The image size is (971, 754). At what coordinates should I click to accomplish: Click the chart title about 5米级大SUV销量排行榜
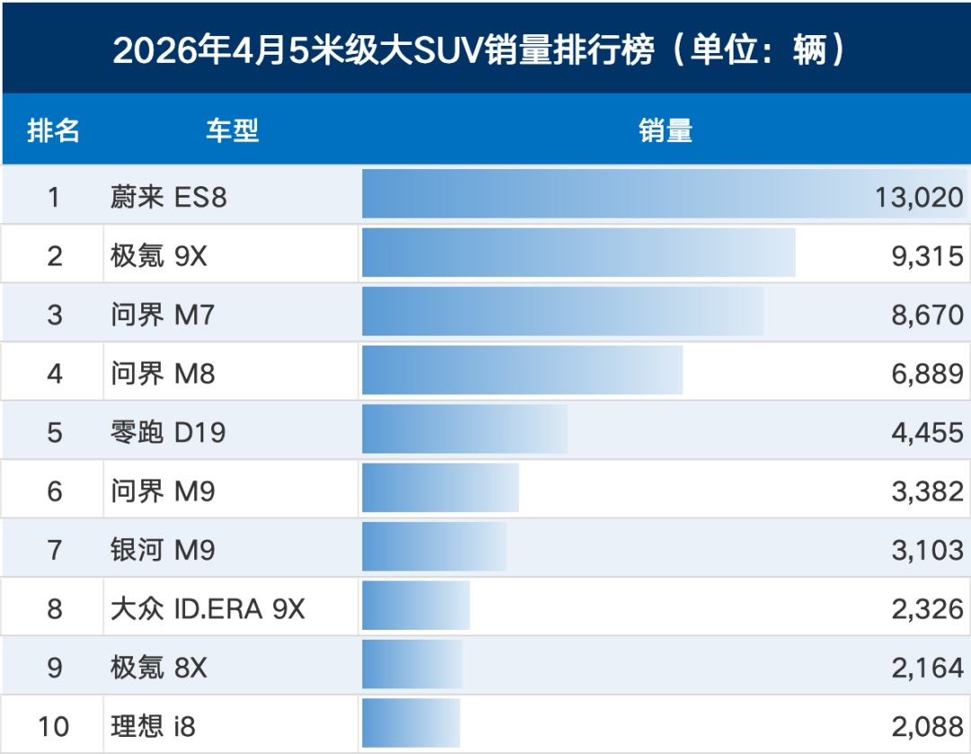click(x=479, y=49)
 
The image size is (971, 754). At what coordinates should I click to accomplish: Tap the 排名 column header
click(x=53, y=130)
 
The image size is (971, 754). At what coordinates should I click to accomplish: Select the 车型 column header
click(x=232, y=130)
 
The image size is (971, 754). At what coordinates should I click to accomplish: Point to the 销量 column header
click(x=665, y=130)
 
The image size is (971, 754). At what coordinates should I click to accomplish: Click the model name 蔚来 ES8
click(x=168, y=197)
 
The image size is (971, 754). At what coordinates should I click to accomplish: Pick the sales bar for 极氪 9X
click(x=578, y=253)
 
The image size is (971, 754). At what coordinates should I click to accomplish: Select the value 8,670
click(x=927, y=315)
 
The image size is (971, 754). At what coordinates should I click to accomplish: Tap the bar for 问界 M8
click(x=522, y=371)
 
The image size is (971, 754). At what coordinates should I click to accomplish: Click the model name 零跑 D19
click(x=168, y=432)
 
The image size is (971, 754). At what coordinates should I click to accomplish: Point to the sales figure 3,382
click(x=927, y=491)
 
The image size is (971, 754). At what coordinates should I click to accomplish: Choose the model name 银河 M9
click(x=162, y=550)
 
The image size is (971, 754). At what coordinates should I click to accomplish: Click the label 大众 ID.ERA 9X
click(x=208, y=608)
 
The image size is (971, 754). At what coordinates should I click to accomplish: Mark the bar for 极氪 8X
click(x=412, y=664)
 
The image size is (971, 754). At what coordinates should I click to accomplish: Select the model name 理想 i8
click(x=153, y=726)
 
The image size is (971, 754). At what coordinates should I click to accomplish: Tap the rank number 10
click(x=53, y=726)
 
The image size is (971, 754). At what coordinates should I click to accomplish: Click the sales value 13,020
click(x=919, y=197)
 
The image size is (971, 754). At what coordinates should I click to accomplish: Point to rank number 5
click(x=55, y=432)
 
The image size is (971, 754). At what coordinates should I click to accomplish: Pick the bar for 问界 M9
click(x=441, y=488)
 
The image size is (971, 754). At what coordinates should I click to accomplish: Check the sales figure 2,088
click(x=927, y=726)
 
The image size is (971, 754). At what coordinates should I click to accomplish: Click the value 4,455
click(x=927, y=432)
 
